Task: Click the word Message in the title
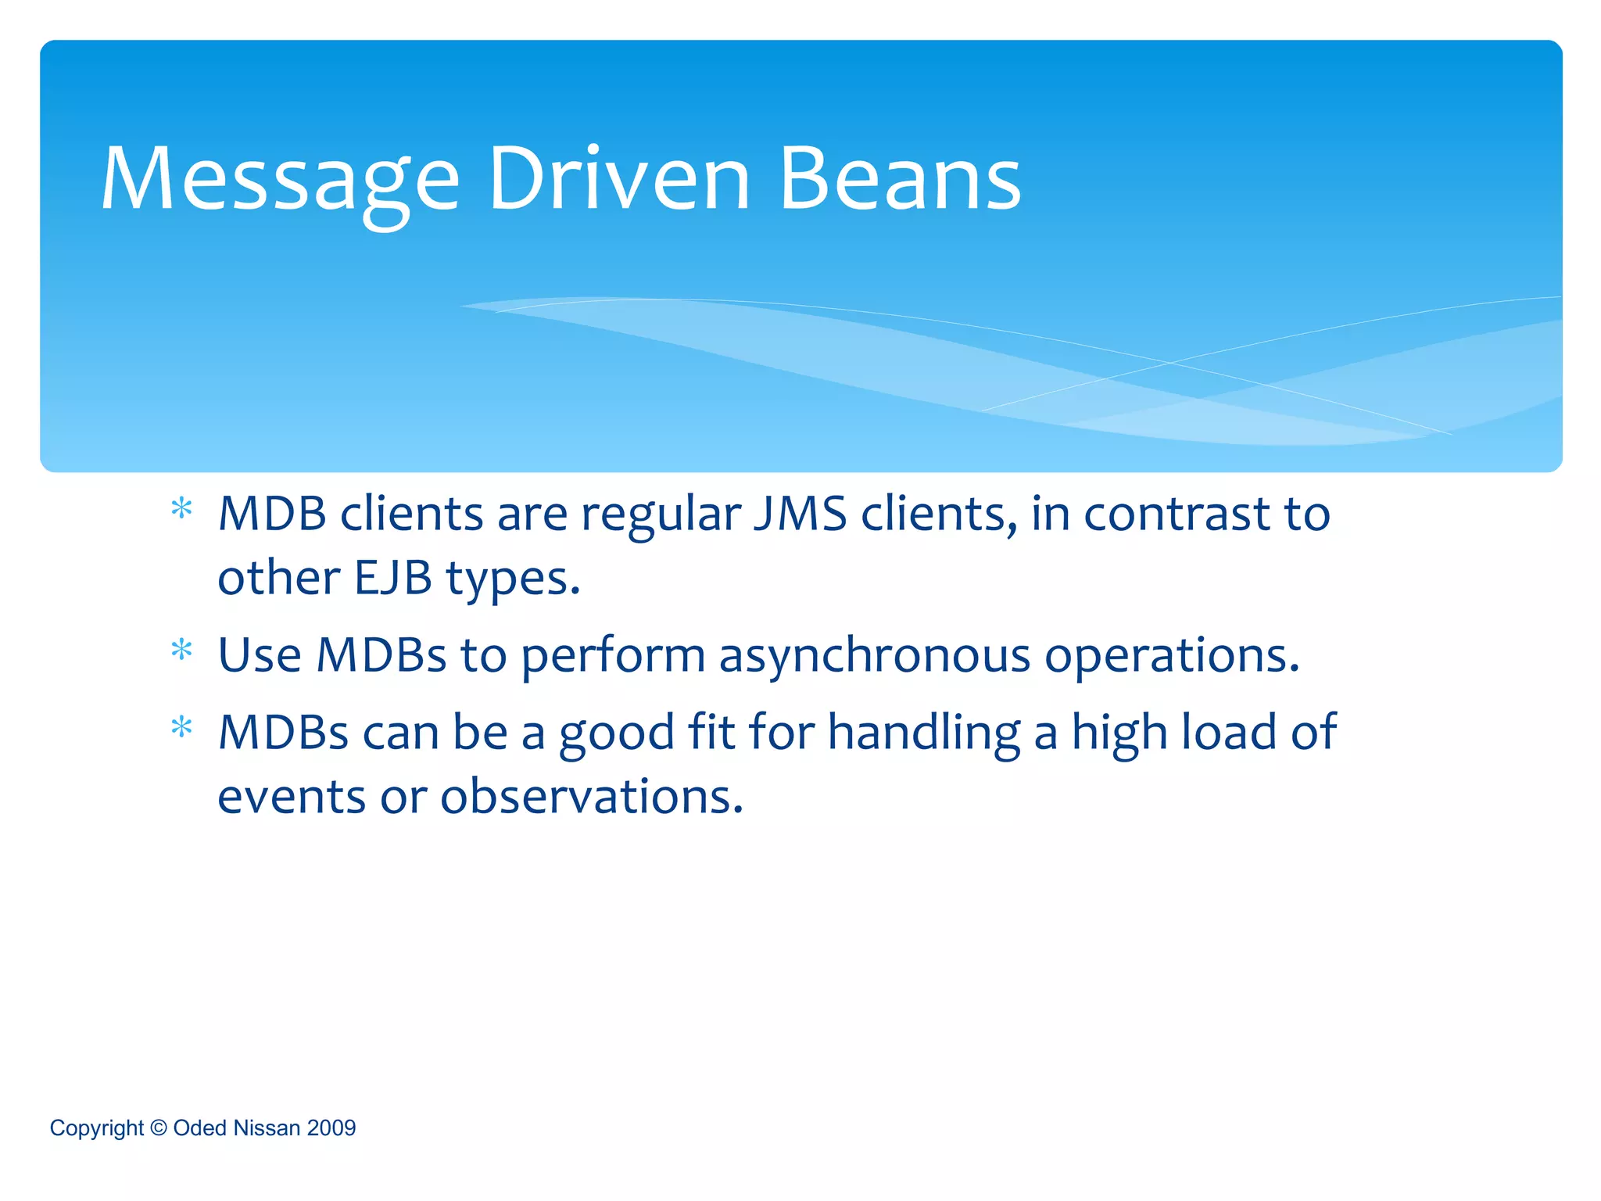(280, 181)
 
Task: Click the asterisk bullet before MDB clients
(181, 511)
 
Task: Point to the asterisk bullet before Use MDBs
(181, 651)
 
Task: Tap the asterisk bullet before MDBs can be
(181, 729)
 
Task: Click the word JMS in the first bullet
(800, 514)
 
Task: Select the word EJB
(393, 579)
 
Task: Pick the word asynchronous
(875, 655)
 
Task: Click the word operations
(1172, 655)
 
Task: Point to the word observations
(591, 797)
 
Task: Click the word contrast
(1177, 514)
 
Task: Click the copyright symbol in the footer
(159, 1128)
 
